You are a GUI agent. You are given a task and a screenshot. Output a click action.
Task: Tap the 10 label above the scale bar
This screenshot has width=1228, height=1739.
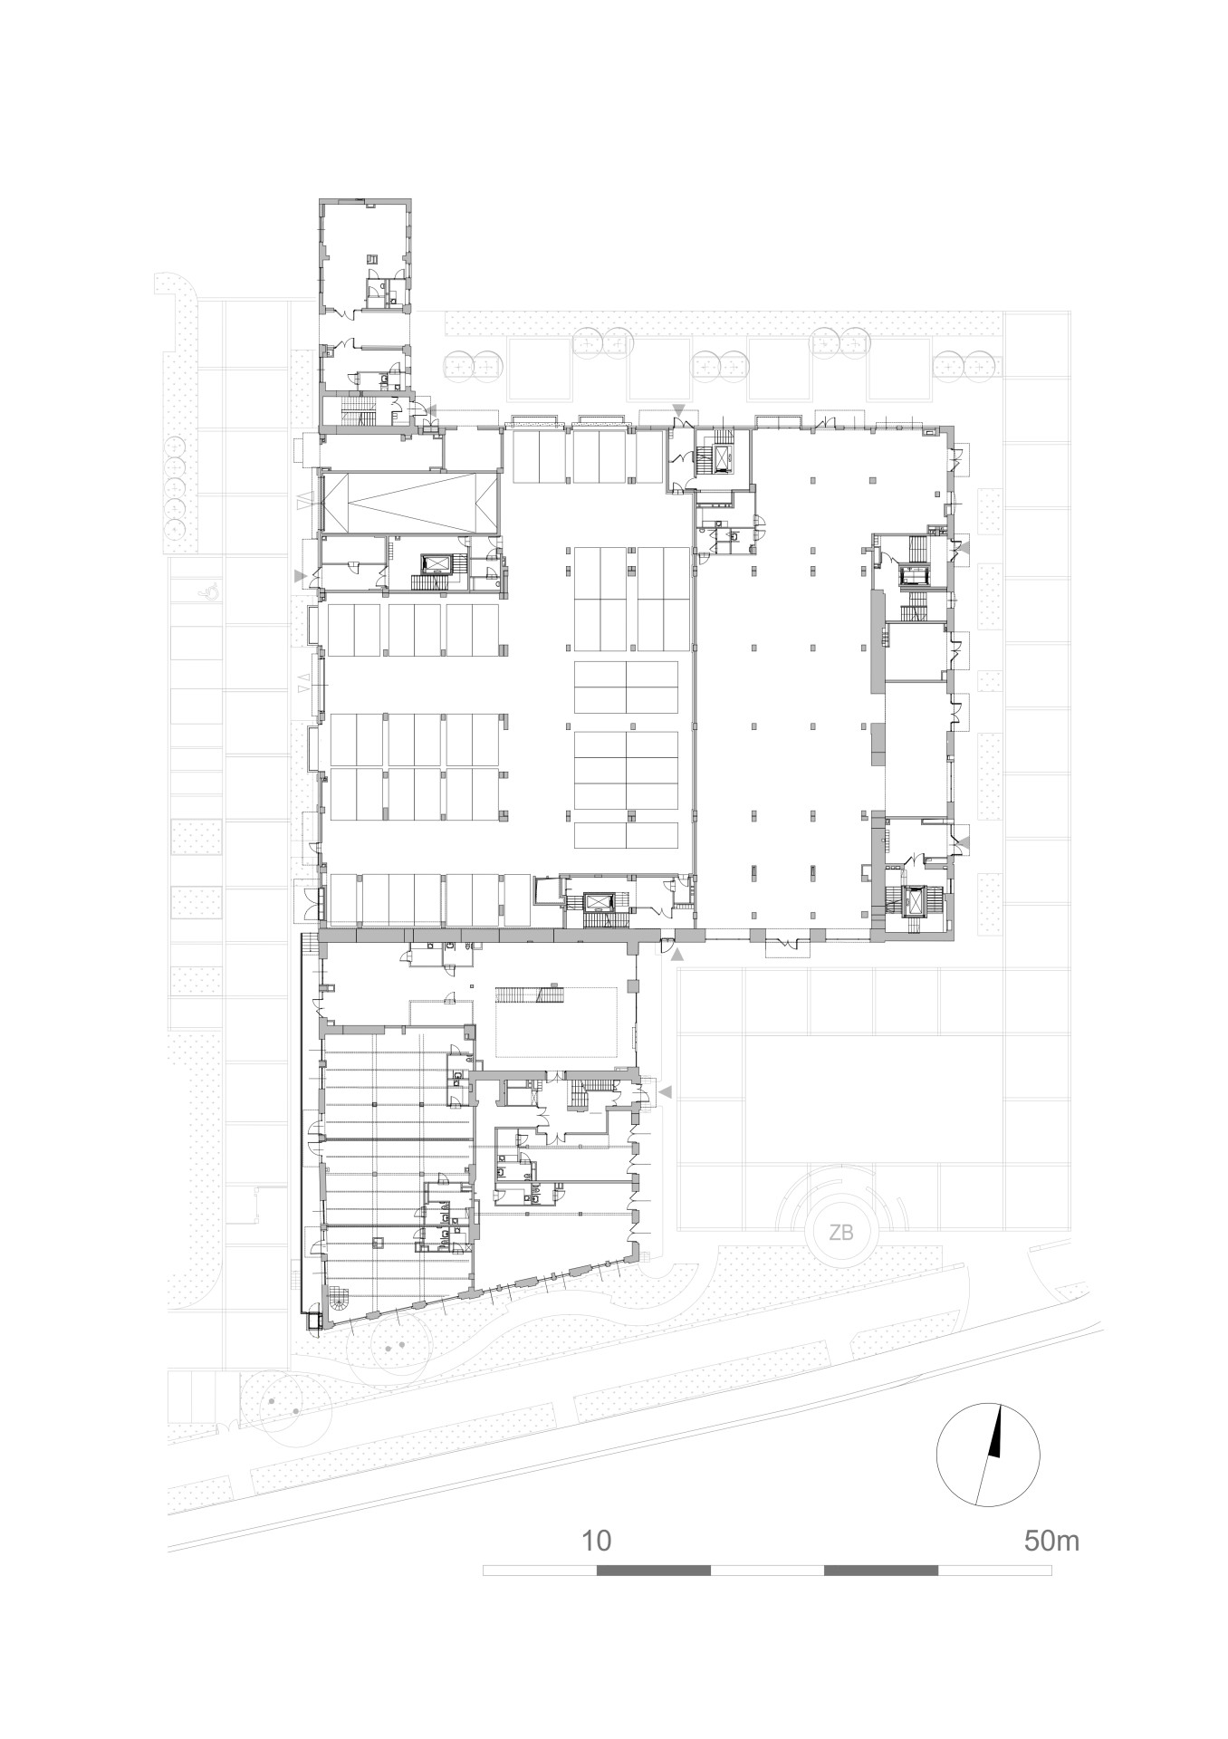[597, 1541]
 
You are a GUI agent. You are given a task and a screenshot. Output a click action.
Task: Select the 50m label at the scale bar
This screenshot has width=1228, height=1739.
[1051, 1541]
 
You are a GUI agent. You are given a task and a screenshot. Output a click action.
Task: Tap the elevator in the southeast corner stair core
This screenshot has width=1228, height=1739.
[915, 900]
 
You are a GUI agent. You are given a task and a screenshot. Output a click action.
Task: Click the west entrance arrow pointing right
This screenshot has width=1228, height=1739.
[300, 575]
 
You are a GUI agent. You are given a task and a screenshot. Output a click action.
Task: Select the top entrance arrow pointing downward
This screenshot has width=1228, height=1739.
[677, 411]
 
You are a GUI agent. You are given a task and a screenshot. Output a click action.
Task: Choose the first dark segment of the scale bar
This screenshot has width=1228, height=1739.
[654, 1570]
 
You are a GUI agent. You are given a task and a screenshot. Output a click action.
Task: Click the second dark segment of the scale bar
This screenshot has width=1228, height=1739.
[881, 1570]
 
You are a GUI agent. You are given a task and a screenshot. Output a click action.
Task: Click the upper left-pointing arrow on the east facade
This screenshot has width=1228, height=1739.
[963, 547]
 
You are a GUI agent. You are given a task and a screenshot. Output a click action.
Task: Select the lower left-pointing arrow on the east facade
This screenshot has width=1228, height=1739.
[963, 842]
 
